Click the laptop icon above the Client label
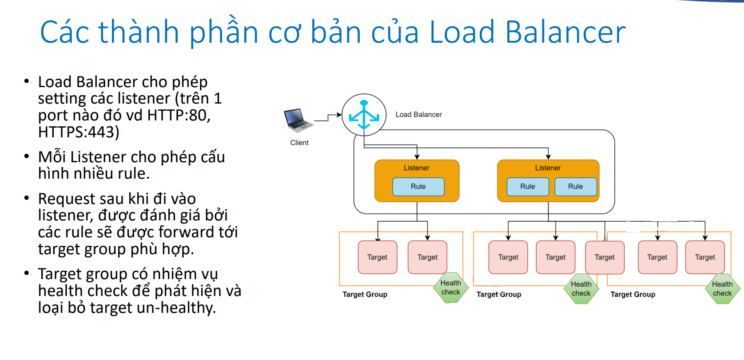[x=298, y=120]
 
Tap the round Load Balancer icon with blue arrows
[x=364, y=115]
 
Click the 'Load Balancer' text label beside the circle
[x=418, y=115]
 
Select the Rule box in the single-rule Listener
[x=418, y=187]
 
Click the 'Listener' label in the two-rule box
[x=548, y=168]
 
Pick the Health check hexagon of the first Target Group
[x=451, y=288]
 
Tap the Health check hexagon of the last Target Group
[x=722, y=289]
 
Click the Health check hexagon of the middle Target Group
[x=581, y=289]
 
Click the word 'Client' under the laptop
[x=299, y=143]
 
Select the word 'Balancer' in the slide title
[x=565, y=32]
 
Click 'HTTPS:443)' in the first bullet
[x=79, y=132]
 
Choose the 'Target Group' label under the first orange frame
[x=365, y=294]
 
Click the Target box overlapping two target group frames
[x=605, y=257]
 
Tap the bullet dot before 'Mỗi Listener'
[x=27, y=156]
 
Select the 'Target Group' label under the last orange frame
[x=633, y=294]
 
